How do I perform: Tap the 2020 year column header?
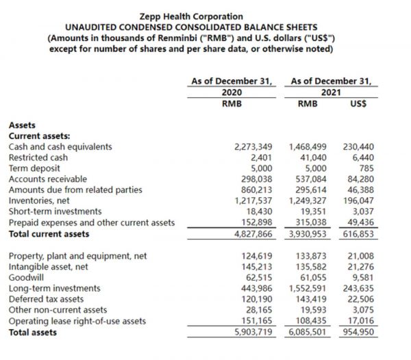[232, 92]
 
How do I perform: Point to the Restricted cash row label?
[38, 157]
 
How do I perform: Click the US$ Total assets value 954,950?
[359, 333]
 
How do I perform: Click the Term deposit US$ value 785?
[366, 168]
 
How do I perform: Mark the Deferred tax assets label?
[46, 300]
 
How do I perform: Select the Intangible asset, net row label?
[48, 267]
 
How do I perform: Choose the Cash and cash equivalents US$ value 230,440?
[359, 146]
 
